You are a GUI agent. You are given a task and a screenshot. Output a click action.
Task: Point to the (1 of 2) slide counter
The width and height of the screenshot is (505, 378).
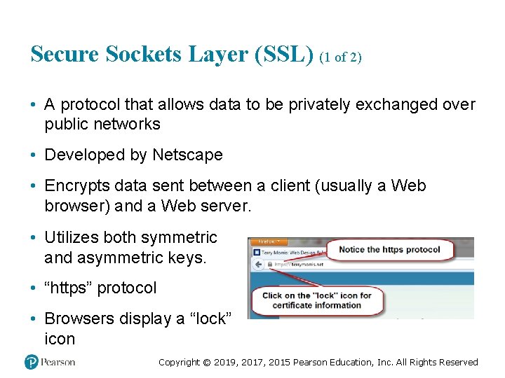pos(340,57)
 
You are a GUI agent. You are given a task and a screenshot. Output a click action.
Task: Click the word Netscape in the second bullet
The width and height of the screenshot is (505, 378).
pos(187,155)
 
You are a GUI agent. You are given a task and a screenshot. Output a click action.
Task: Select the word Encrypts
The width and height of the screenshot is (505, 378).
pos(74,185)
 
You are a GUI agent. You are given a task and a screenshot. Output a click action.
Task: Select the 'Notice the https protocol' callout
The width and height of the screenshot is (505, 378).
pos(389,250)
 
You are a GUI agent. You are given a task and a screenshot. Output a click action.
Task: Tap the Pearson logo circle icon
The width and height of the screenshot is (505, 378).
pos(31,362)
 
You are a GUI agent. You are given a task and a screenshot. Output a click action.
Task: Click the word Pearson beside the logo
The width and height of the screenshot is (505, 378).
pos(58,362)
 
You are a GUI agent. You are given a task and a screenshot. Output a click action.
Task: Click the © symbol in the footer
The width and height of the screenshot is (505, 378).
pos(206,363)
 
